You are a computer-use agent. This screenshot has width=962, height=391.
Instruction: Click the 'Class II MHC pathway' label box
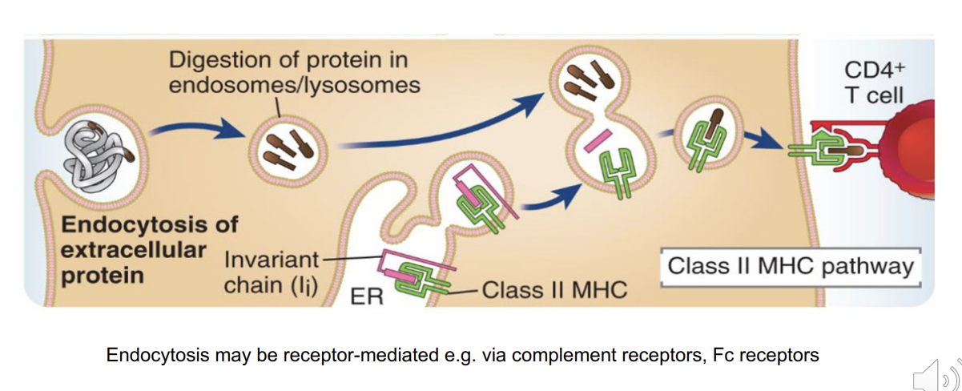791,266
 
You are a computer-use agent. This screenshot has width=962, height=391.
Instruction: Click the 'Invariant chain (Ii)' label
271,273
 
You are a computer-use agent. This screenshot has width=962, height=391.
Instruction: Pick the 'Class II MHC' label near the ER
553,289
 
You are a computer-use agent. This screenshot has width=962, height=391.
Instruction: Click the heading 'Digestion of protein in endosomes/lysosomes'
294,72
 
